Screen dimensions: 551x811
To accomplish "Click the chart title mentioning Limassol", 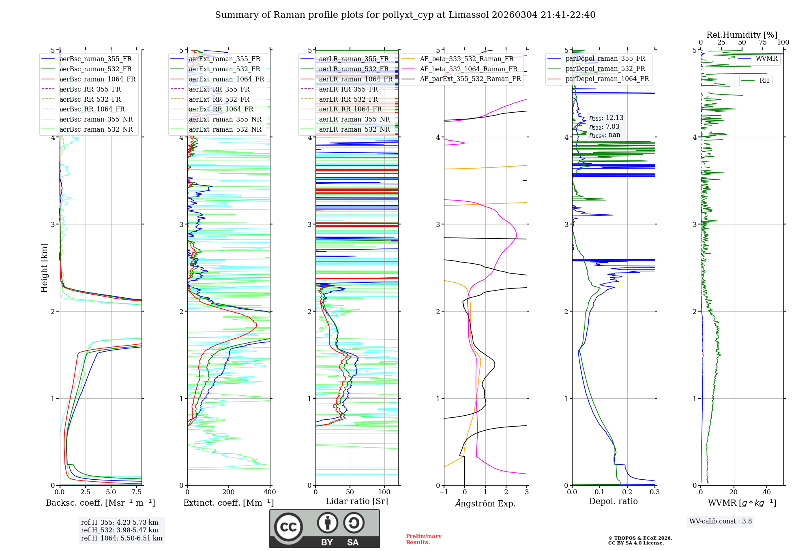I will pos(405,15).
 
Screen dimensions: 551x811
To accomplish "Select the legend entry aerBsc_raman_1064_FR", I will pos(97,79).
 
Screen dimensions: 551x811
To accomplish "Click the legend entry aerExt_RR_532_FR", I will pos(219,99).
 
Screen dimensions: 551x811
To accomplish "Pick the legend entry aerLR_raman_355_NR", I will pos(354,119).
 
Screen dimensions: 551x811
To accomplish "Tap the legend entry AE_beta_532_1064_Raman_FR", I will pos(468,69).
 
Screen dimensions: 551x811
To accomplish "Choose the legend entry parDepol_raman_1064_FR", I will pos(607,79).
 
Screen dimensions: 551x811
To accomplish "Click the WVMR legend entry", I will pos(766,59).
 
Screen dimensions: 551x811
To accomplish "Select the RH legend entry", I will pos(764,81).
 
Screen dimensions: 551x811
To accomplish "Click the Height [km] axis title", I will pos(44,267).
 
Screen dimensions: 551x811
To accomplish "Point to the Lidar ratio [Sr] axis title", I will pos(357,501).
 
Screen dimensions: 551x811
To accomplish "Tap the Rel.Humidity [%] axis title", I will pos(742,35).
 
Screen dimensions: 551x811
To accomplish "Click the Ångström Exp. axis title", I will pos(485,503).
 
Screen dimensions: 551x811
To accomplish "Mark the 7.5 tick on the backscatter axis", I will pos(137,492).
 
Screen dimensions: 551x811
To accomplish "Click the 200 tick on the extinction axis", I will pos(229,492).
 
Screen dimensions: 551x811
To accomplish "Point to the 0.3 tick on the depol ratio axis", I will pos(654,492).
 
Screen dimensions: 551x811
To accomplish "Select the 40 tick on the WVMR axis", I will pos(766,492).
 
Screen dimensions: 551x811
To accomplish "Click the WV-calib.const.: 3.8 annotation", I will pos(721,521).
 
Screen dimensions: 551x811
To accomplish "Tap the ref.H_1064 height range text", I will pos(122,538).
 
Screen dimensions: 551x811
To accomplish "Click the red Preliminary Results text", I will pos(424,539).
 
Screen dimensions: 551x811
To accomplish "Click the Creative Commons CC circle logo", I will pos(288,527).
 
